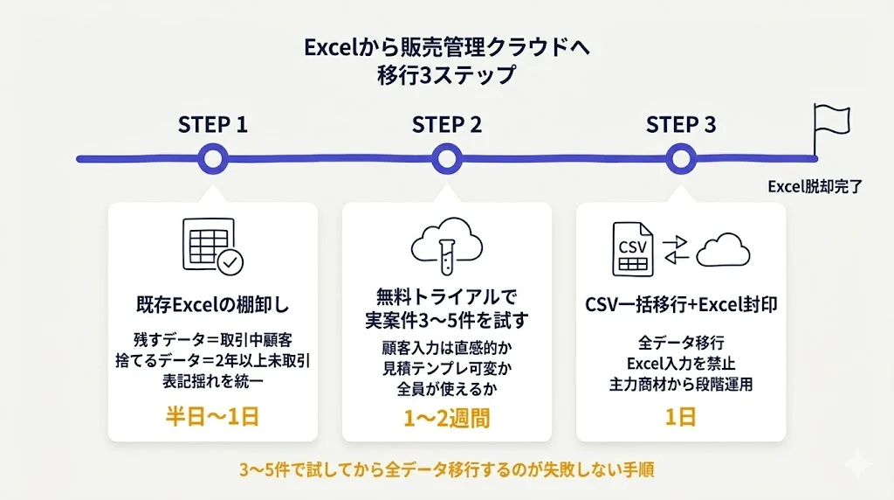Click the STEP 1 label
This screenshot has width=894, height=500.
[212, 124]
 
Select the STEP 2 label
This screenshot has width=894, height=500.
[446, 124]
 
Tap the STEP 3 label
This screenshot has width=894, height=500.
[680, 124]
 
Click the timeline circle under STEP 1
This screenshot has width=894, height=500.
[212, 159]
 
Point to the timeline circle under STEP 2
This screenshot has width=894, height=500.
[446, 159]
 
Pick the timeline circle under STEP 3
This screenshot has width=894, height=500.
[680, 159]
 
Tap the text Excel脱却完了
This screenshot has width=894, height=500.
[815, 186]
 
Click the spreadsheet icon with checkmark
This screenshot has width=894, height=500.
[212, 247]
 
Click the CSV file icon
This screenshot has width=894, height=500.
[632, 249]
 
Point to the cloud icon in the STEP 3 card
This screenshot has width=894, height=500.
[724, 250]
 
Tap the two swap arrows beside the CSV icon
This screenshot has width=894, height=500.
[677, 249]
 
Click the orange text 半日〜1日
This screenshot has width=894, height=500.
[212, 416]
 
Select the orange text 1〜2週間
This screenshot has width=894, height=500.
[446, 418]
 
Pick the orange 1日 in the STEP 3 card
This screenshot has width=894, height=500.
[680, 416]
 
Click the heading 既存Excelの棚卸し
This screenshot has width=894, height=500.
[212, 306]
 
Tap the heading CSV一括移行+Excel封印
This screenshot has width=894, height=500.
[680, 306]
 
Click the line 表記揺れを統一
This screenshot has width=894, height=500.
[212, 380]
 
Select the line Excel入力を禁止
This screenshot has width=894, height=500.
[680, 363]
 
